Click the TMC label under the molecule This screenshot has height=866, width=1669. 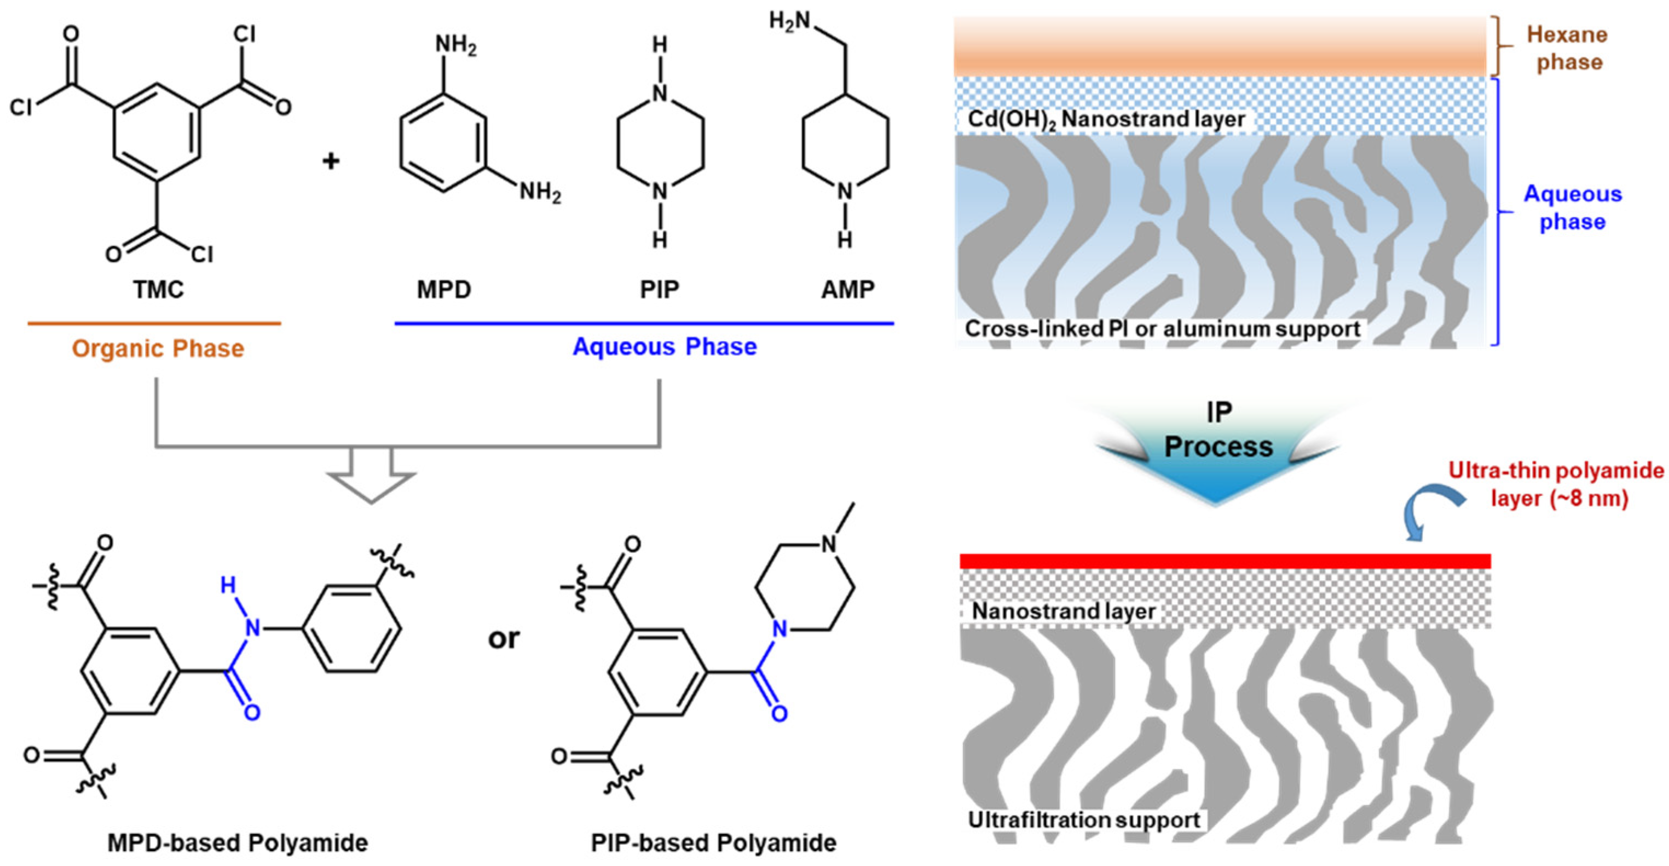point(159,290)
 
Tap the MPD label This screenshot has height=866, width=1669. point(444,290)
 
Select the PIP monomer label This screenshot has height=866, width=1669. point(660,290)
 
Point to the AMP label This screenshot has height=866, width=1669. point(847,290)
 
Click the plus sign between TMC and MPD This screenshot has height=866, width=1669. point(331,160)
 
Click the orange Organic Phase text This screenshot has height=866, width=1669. point(158,349)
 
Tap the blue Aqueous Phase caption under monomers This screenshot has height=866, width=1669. point(665,347)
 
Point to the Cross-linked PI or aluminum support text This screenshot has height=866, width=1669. point(1162,328)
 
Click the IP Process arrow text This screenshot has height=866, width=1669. point(1218,431)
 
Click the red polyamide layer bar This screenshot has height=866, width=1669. point(1225,561)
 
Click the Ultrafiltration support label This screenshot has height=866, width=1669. point(1084,820)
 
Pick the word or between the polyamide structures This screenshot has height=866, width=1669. point(504,639)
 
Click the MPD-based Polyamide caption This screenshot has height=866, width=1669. point(237,842)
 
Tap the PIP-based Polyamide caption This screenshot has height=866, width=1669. point(713,842)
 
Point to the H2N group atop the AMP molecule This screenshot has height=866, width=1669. point(790,21)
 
